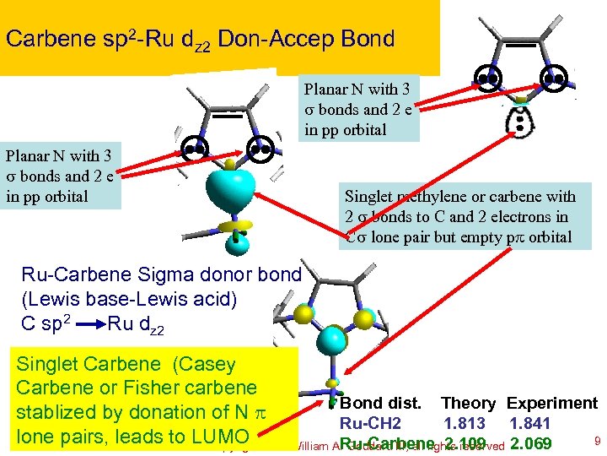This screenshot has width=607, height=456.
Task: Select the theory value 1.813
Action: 464,423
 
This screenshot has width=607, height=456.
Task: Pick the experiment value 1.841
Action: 529,423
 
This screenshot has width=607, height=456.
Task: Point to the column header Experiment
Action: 552,404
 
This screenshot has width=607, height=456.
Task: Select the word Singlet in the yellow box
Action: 48,364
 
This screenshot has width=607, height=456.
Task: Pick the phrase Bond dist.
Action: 384,404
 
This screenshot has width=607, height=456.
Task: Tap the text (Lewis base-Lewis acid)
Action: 119,298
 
